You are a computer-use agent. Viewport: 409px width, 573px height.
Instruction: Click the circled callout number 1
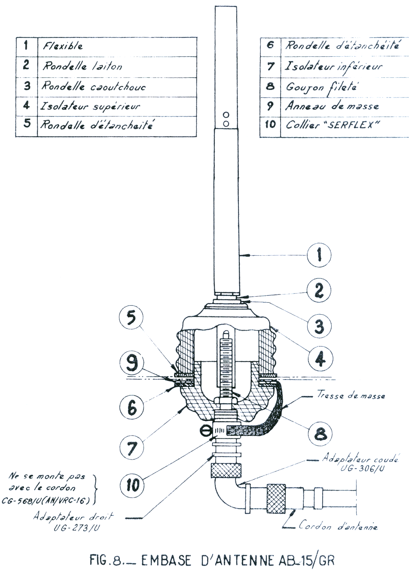point(319,256)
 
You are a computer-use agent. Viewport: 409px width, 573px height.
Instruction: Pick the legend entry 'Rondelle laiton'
point(82,66)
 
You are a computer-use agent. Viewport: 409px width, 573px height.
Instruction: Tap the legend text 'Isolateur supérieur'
point(90,105)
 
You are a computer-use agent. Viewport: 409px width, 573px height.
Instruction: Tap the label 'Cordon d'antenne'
point(338,526)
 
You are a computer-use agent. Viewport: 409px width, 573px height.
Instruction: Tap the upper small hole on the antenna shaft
point(227,115)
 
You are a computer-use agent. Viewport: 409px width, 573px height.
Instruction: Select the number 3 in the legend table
point(27,86)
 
